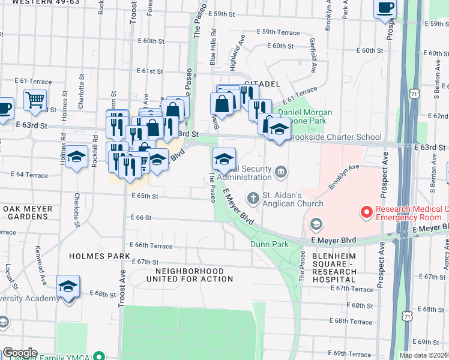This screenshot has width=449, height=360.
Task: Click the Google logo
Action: (x=19, y=353)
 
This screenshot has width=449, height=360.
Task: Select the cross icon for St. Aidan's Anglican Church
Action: (x=253, y=197)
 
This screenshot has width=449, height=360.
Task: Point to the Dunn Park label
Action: (x=270, y=244)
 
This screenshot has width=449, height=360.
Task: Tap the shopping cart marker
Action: (x=35, y=99)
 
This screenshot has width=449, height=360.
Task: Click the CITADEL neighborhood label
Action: (x=262, y=83)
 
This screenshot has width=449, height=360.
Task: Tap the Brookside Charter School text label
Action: (x=335, y=137)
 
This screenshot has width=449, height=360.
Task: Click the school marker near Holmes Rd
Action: (x=77, y=157)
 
